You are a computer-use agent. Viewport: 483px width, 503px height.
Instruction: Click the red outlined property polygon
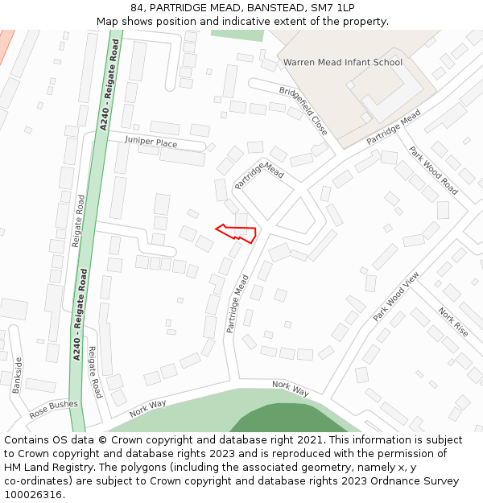click(x=242, y=233)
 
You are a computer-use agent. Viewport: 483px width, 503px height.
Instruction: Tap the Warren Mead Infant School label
click(x=342, y=62)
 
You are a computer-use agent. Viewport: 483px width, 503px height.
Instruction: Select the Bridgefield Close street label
click(x=303, y=110)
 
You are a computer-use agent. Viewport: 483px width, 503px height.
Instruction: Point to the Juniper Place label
click(x=151, y=142)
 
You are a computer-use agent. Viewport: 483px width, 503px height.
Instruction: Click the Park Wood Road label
click(x=432, y=170)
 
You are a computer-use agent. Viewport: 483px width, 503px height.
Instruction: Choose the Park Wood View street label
click(x=396, y=297)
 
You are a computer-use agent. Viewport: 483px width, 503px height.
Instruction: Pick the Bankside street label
click(x=18, y=375)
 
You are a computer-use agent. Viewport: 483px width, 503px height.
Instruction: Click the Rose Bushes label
click(x=54, y=409)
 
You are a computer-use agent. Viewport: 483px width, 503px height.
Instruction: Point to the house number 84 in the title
click(x=137, y=8)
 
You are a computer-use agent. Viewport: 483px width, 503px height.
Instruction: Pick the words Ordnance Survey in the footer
click(x=413, y=480)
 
